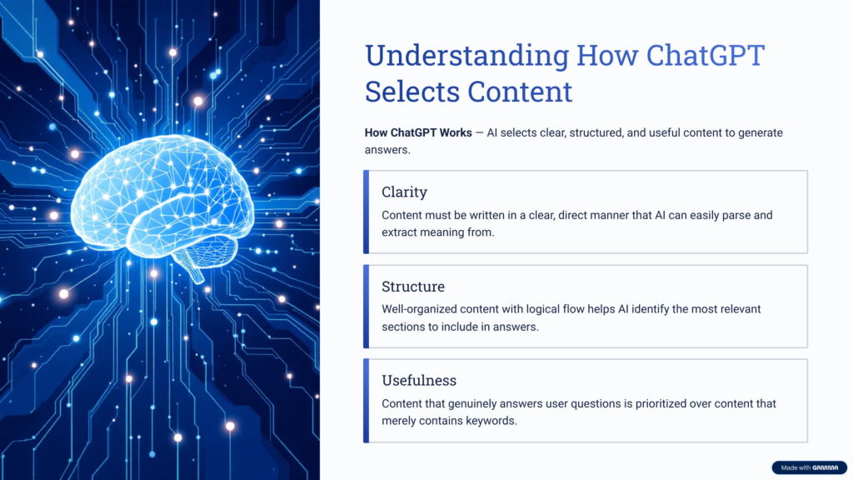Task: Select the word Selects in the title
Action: coord(412,91)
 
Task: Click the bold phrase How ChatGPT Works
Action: coord(417,133)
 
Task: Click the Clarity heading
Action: coord(404,192)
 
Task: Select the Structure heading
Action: coord(413,286)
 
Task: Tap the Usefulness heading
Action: coord(419,380)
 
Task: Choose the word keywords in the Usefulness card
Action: coord(488,421)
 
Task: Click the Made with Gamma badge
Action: coord(808,467)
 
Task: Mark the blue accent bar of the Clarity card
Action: coord(366,212)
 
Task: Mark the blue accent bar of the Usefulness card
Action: coord(366,400)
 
